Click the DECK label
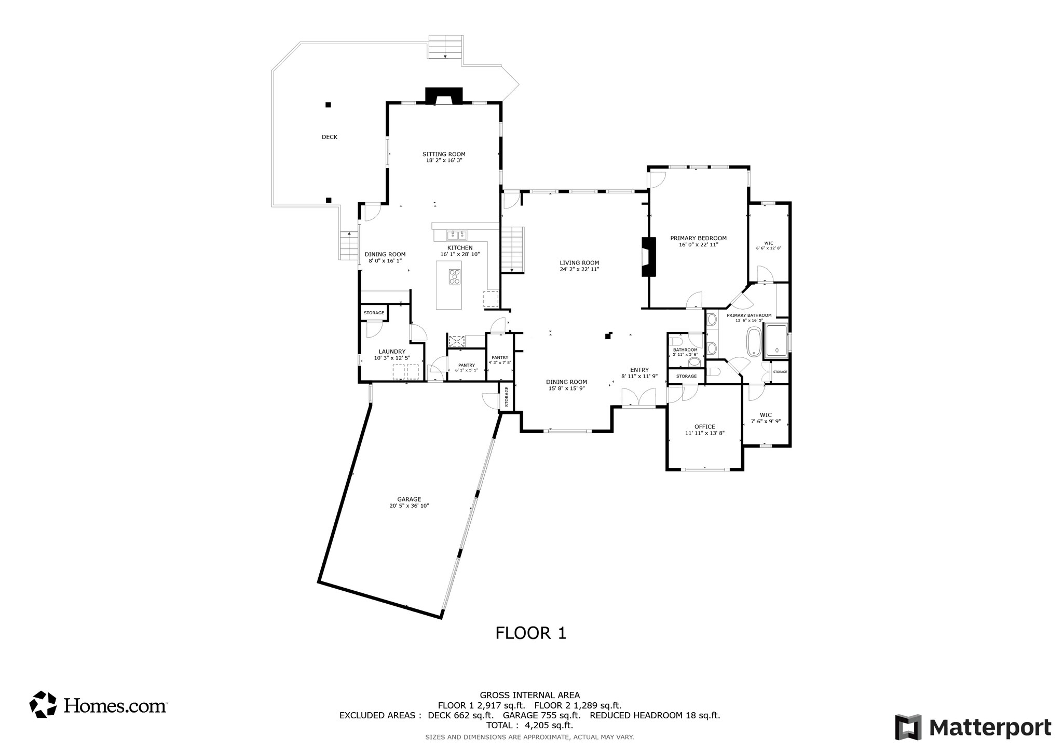pyautogui.click(x=330, y=137)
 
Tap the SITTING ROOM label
pyautogui.click(x=444, y=154)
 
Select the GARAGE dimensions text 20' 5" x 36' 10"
pyautogui.click(x=409, y=506)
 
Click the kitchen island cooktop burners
pyautogui.click(x=455, y=276)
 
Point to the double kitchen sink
pyautogui.click(x=457, y=234)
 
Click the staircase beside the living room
pyautogui.click(x=513, y=249)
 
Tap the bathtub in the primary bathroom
pyautogui.click(x=754, y=341)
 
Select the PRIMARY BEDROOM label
pyautogui.click(x=698, y=238)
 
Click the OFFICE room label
pyautogui.click(x=704, y=426)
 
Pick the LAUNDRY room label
pyautogui.click(x=392, y=351)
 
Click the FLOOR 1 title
pyautogui.click(x=530, y=633)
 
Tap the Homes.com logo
pyautogui.click(x=98, y=705)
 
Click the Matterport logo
pyautogui.click(x=973, y=727)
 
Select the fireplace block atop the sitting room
pyautogui.click(x=444, y=96)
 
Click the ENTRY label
pyautogui.click(x=639, y=370)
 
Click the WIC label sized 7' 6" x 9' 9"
pyautogui.click(x=766, y=415)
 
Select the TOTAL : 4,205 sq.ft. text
pyautogui.click(x=529, y=726)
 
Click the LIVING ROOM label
pyautogui.click(x=579, y=262)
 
